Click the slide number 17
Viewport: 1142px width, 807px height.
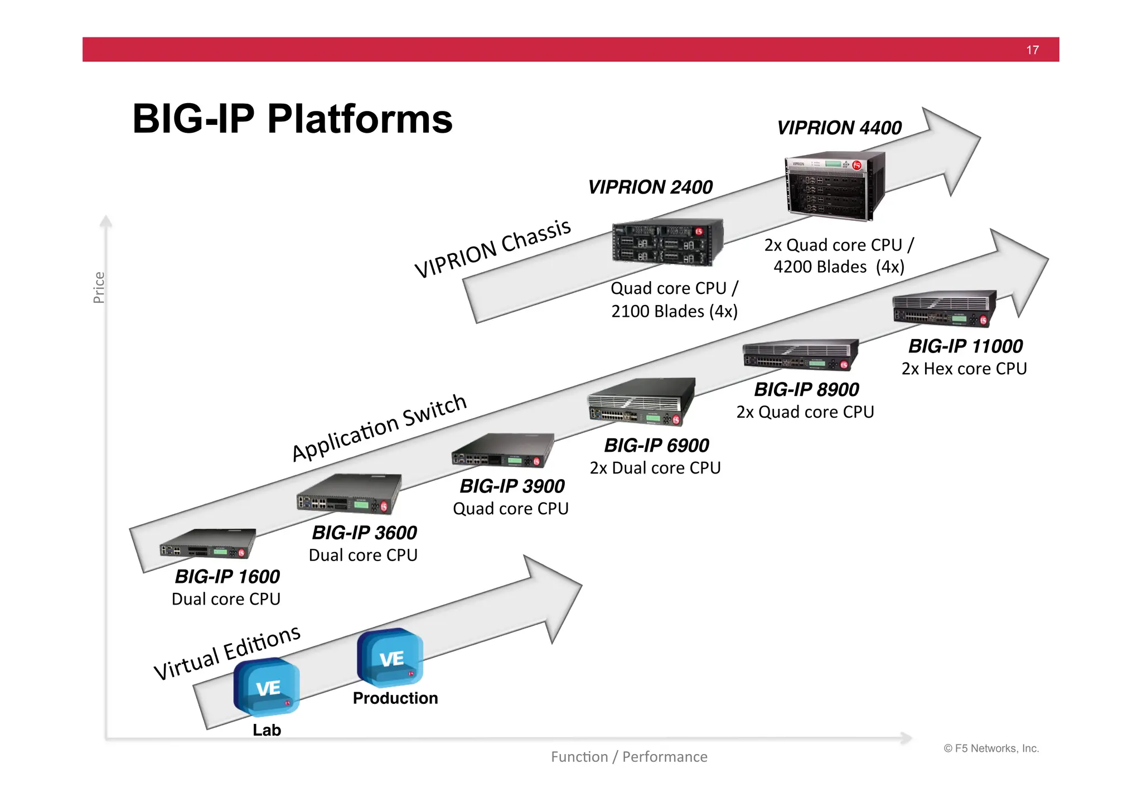click(1032, 50)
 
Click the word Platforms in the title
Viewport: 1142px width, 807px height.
click(360, 119)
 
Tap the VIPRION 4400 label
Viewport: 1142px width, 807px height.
click(839, 128)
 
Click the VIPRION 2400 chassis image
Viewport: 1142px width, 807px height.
click(667, 242)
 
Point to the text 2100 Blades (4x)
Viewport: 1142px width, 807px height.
click(674, 311)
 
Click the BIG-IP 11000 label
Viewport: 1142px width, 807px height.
click(965, 346)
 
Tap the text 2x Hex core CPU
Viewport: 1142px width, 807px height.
click(964, 369)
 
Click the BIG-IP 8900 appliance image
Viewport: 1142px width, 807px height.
click(800, 355)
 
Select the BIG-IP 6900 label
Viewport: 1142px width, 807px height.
click(656, 446)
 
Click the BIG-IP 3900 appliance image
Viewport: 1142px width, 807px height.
click(502, 451)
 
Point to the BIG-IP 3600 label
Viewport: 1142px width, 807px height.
click(364, 533)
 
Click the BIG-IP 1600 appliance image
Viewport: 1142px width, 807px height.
click(207, 544)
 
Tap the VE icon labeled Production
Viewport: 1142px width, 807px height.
click(390, 658)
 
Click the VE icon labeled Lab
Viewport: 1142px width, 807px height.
click(267, 687)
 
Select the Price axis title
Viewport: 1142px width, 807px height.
click(99, 287)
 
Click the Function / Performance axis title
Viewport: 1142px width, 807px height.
click(629, 757)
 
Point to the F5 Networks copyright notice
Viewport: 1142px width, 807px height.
click(991, 748)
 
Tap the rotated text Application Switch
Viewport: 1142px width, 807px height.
click(379, 427)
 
